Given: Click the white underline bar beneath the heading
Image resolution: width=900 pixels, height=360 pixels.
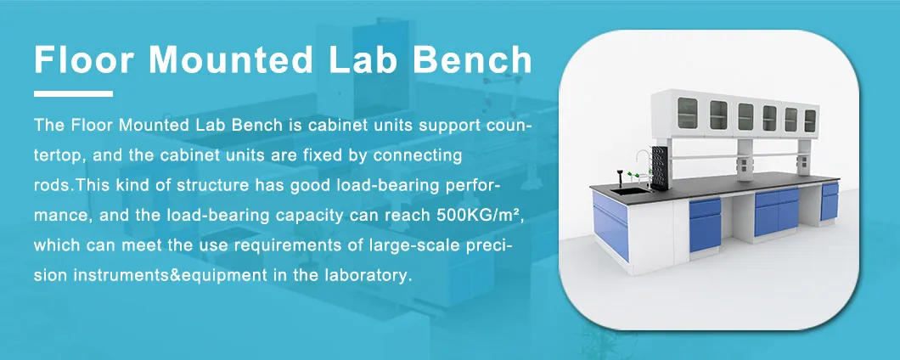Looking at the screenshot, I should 73,93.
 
